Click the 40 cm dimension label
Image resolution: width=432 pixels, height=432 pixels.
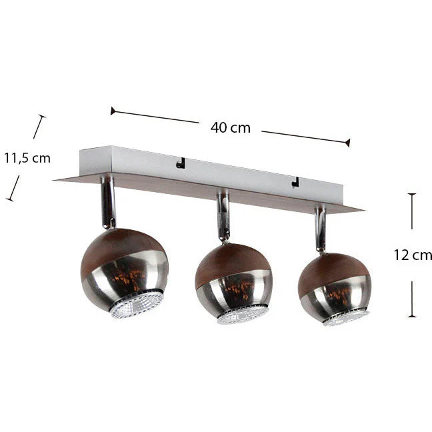tap(230, 128)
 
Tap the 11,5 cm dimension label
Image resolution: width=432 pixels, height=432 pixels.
tap(27, 158)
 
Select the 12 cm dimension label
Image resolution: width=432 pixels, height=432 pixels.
tap(413, 255)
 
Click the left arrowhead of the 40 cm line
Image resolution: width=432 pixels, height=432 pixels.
tap(113, 111)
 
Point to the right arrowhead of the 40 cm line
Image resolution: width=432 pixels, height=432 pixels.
tap(348, 143)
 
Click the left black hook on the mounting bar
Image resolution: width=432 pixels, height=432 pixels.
tap(181, 163)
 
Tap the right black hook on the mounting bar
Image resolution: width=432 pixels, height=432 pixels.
tap(295, 182)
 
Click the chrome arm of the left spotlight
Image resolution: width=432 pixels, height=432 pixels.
tap(108, 202)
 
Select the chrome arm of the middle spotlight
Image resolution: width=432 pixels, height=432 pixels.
tap(223, 215)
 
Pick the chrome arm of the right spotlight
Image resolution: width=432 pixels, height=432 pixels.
tap(319, 228)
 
